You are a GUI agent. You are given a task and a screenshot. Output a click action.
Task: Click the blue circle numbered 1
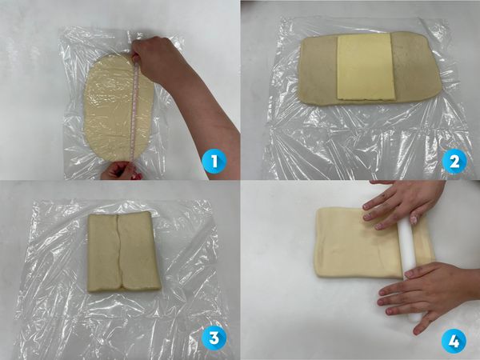point(214,162)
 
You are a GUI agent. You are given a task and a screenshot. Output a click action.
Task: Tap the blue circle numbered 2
point(454,162)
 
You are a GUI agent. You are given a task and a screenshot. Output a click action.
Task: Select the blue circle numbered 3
point(214,338)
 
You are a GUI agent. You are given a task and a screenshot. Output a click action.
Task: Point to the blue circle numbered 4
point(454,341)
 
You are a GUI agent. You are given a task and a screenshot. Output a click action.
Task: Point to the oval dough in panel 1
point(118,107)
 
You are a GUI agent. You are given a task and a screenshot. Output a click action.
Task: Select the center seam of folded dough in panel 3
point(119,252)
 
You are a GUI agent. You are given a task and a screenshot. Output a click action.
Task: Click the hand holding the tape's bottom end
point(120,171)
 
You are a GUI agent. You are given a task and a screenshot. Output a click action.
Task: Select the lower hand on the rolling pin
point(426,294)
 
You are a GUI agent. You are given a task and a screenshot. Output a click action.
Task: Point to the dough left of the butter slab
point(318,70)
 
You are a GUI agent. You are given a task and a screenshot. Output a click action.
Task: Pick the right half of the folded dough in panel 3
point(139,251)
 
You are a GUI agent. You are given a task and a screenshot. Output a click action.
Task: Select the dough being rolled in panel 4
point(358,242)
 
